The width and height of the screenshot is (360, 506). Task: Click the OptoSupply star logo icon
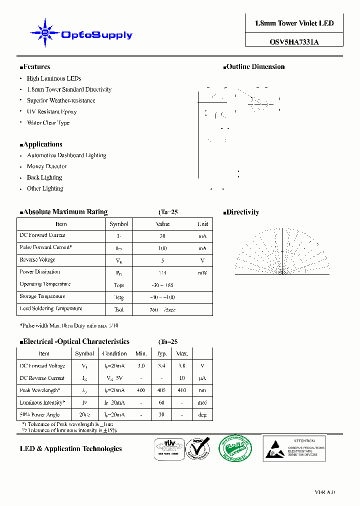pos(45,33)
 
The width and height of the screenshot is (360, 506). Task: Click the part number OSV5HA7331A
pos(294,42)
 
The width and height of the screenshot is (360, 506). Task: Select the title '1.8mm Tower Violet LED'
pos(294,23)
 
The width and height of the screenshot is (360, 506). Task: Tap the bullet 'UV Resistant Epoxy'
pos(51,111)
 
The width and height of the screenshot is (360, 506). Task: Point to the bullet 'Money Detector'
pos(46,166)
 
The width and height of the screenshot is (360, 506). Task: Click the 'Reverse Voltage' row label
pos(37,260)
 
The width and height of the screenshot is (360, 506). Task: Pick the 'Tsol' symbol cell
pos(119,309)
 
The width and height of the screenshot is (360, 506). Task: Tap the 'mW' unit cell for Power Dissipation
pos(202,273)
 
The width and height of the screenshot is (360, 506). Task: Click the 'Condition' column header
pos(114,354)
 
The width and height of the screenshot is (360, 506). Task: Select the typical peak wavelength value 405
pos(161,390)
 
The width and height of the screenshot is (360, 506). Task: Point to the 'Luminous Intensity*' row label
pos(42,402)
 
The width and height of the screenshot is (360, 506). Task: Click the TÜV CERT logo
pos(168,448)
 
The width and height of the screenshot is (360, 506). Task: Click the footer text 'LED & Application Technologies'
pos(70,449)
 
